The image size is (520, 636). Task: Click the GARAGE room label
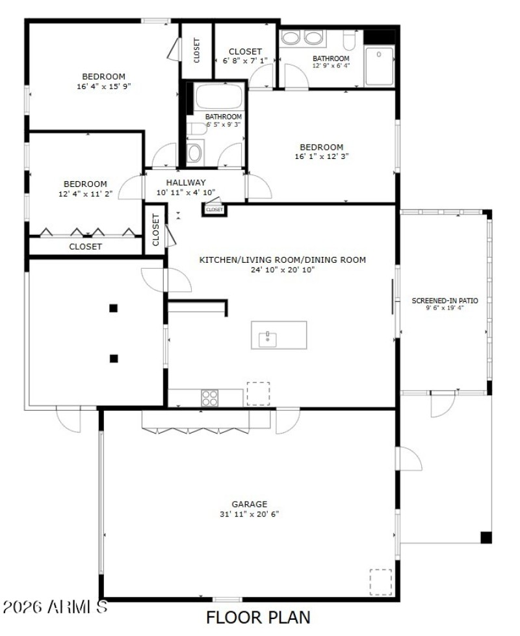click(250, 504)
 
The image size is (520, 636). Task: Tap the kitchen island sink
click(267, 336)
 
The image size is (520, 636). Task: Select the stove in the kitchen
click(209, 397)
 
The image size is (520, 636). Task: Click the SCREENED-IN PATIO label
click(445, 300)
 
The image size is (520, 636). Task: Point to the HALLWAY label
click(185, 182)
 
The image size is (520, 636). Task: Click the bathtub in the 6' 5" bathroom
click(219, 97)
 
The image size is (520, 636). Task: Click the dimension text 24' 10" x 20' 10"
click(282, 270)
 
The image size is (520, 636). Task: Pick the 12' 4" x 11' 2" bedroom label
click(85, 184)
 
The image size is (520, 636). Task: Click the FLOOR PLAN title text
click(258, 617)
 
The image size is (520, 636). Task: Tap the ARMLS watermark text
click(55, 607)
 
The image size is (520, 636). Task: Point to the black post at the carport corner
click(486, 537)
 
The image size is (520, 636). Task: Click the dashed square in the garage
click(381, 581)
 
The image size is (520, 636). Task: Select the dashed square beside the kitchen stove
click(257, 393)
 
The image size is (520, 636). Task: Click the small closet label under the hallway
click(214, 210)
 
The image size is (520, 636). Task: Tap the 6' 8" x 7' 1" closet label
click(246, 51)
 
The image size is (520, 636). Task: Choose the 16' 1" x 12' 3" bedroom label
click(321, 147)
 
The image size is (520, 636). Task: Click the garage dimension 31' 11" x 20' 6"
click(250, 514)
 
